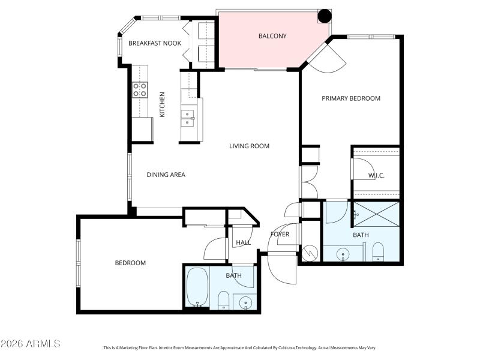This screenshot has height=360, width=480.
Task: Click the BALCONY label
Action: pos(272,36)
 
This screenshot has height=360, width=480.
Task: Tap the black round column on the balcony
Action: pos(324,16)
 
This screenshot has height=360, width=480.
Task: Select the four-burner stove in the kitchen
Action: pos(140,90)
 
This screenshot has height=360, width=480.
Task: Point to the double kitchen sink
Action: pos(189,116)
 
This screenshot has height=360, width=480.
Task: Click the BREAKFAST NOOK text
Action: pos(155,43)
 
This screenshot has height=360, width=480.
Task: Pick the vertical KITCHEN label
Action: pos(162,104)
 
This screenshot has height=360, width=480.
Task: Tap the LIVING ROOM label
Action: pos(248,146)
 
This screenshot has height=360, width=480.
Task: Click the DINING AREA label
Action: pos(166,175)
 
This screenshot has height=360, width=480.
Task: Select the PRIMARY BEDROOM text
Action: pos(351,98)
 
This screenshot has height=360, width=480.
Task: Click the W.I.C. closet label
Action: pos(376,175)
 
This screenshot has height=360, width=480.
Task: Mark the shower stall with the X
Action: pos(376,212)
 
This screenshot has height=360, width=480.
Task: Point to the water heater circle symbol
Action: pos(310,253)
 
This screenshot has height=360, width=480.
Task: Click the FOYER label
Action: pos(280,234)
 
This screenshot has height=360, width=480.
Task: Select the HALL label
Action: pos(243,242)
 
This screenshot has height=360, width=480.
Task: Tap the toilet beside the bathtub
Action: pos(223,299)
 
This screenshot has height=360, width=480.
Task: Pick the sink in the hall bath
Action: pos(245,301)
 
